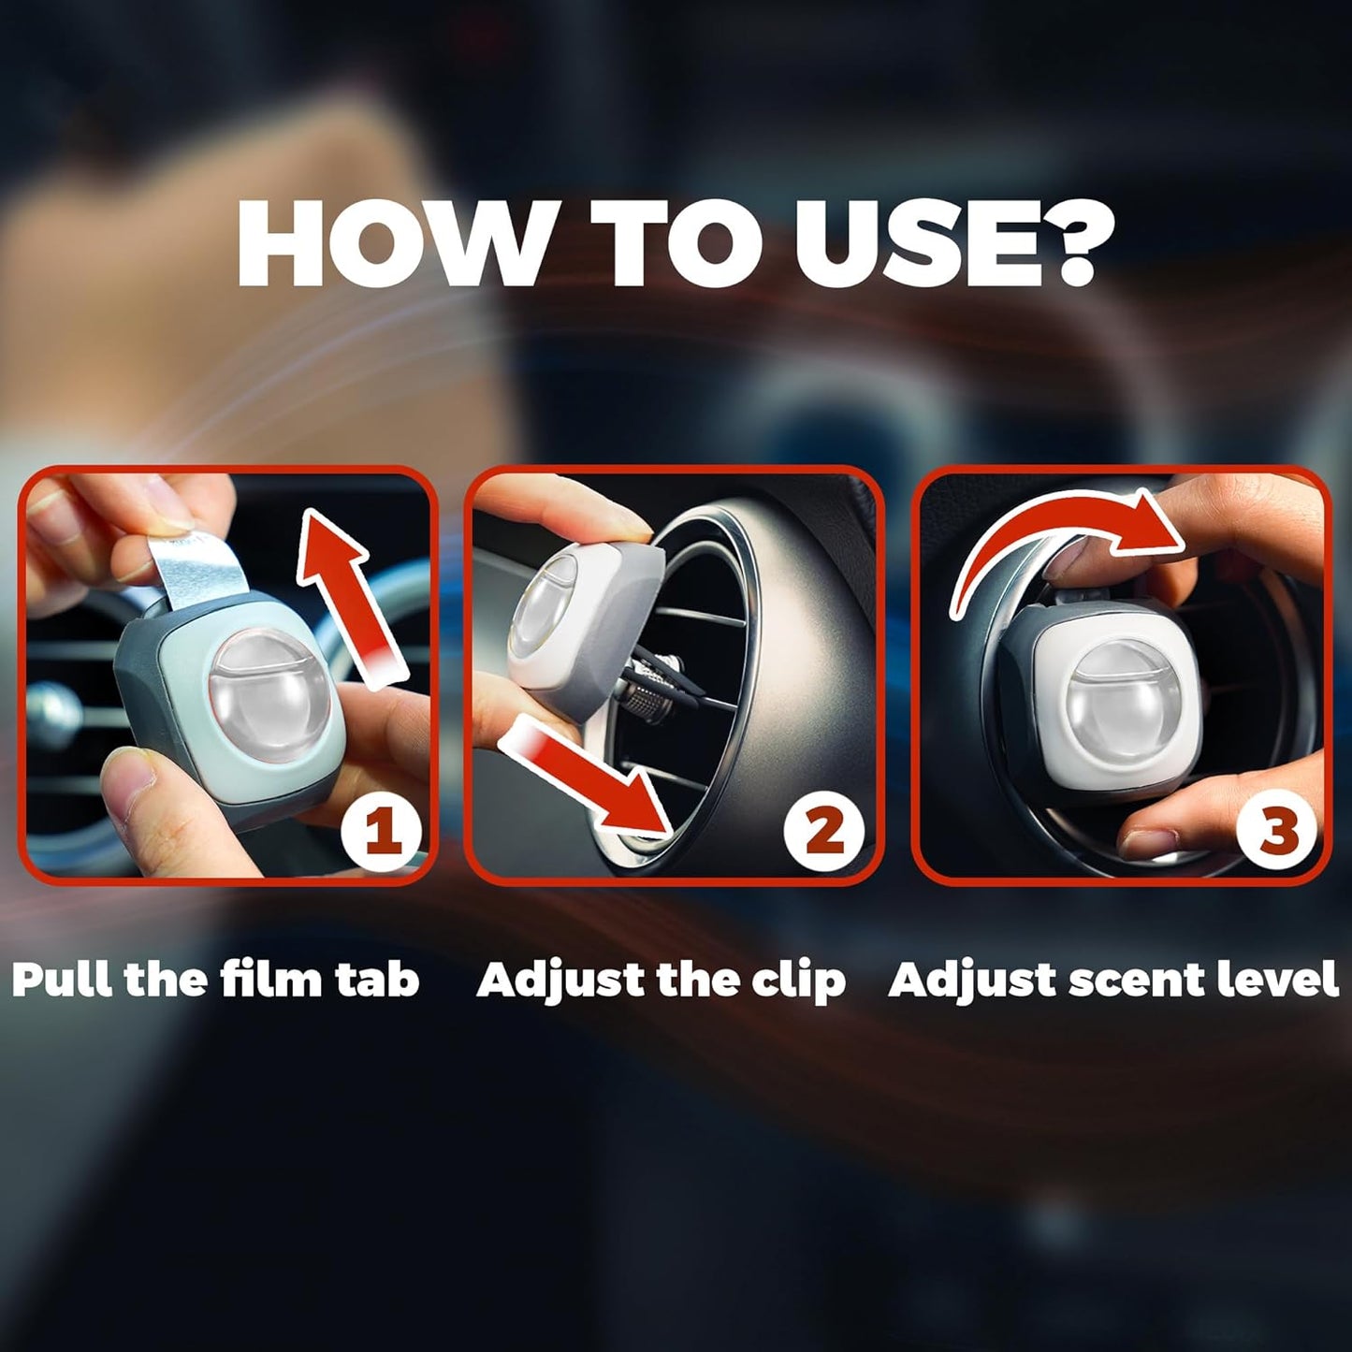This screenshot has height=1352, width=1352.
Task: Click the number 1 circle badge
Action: point(381,831)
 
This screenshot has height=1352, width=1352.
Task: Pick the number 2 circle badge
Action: point(825,831)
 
